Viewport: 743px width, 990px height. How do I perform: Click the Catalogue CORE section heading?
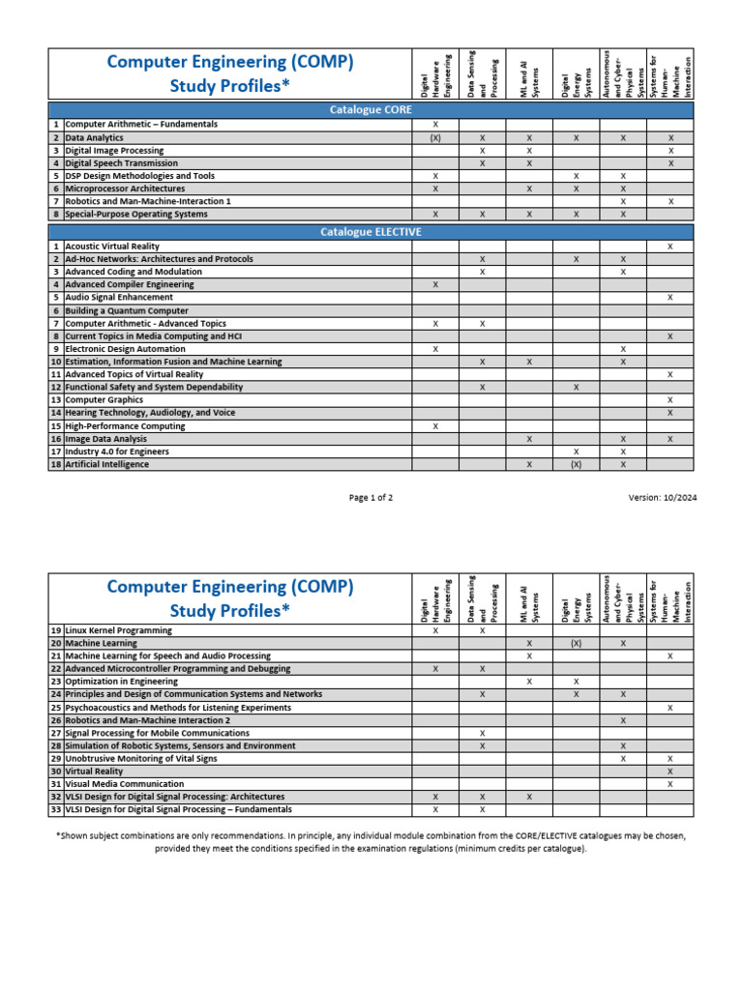[371, 110]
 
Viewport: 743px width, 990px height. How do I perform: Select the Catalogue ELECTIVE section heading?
[371, 232]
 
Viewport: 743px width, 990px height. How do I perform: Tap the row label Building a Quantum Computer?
[127, 310]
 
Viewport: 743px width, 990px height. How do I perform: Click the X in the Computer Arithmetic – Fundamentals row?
[435, 125]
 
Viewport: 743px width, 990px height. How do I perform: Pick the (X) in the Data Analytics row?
[435, 138]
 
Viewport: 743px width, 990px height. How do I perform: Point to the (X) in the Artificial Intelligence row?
[576, 464]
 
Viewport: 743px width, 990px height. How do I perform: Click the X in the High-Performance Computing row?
[435, 425]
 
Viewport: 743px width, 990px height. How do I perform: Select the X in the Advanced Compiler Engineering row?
[435, 285]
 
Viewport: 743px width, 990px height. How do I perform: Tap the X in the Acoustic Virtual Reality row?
[670, 247]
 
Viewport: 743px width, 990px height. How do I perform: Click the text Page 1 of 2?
[371, 498]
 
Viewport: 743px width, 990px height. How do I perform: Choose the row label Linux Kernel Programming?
[118, 630]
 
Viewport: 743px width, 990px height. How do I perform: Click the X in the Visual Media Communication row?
[670, 784]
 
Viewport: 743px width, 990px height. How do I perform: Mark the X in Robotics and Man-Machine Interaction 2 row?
[623, 720]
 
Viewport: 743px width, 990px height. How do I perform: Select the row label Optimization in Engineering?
[121, 682]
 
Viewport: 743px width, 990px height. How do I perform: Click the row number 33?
[56, 809]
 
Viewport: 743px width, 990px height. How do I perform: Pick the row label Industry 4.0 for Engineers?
[117, 451]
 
